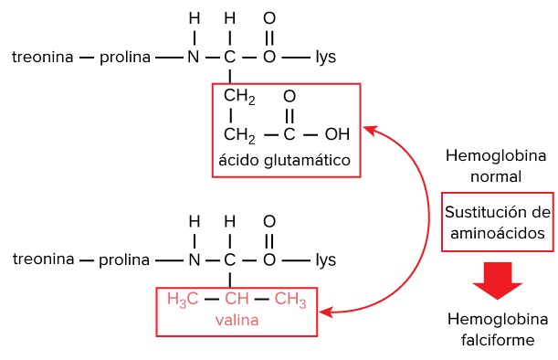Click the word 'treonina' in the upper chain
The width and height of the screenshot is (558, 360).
coord(43,57)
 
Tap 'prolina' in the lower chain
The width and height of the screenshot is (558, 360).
coord(124,260)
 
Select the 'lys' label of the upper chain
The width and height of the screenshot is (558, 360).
coord(326,57)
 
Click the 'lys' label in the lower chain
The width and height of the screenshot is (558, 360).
coord(326,259)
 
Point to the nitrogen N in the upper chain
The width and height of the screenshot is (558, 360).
coord(194,57)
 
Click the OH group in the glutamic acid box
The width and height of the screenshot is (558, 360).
coord(337,134)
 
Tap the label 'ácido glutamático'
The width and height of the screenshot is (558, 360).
coord(284,160)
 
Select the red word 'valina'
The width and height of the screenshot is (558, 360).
coord(237,320)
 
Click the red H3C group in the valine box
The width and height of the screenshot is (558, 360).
coord(183,299)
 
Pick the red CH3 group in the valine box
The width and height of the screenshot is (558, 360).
coord(290,299)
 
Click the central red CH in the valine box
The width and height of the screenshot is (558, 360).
coord(237,299)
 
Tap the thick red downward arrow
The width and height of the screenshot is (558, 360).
coord(497,281)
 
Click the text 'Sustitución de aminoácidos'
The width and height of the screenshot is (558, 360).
coord(498,223)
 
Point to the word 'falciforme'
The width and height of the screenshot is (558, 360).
coord(498,340)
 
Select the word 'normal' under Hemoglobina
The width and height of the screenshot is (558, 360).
coord(496,176)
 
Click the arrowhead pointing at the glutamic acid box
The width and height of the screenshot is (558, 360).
coord(369,131)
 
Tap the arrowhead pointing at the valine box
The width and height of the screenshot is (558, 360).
coord(326,312)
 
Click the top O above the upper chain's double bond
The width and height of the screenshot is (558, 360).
coord(269,18)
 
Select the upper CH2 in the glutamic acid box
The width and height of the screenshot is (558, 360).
coord(239,96)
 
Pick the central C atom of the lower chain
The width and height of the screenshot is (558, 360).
coord(229,259)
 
